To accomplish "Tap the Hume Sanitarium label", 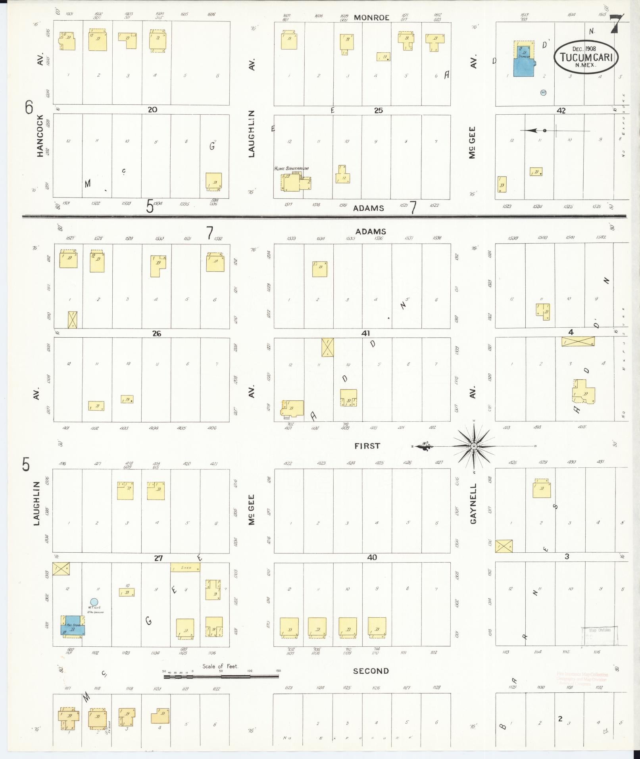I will (x=291, y=169).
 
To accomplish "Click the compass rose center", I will (x=474, y=447).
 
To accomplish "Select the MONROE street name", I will (x=371, y=17).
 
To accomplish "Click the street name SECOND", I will (x=371, y=671).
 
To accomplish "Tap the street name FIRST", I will (x=367, y=446).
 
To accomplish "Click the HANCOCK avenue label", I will (x=40, y=136).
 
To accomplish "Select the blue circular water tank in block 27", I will (x=94, y=603).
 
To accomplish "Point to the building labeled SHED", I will (x=185, y=567).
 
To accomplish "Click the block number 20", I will (x=152, y=110).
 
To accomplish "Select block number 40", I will (x=372, y=557).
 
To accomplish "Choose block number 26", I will (x=157, y=333).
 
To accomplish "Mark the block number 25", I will (x=379, y=110).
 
